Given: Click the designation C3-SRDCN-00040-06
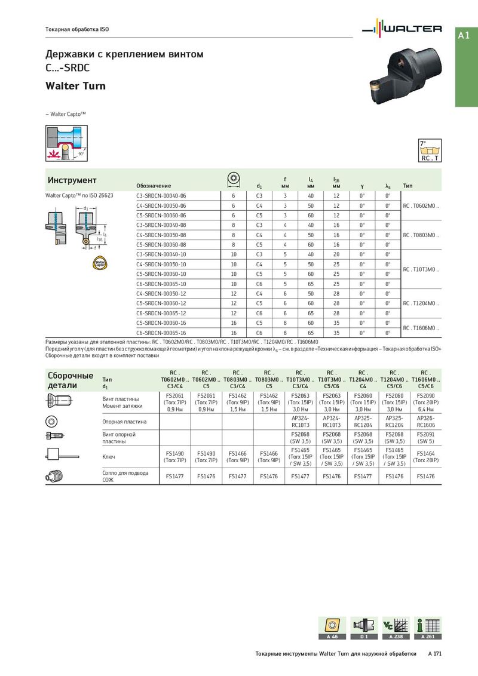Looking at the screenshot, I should pyautogui.click(x=161, y=196).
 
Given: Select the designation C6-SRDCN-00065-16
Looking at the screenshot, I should pyautogui.click(x=161, y=333).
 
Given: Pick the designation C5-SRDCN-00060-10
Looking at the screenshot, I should pyautogui.click(x=161, y=274).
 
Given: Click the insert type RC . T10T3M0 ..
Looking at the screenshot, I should pyautogui.click(x=421, y=269).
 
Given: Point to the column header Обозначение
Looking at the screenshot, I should pyautogui.click(x=154, y=186).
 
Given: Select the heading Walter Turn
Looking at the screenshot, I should pyautogui.click(x=75, y=86).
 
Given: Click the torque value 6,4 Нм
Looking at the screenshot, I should pyautogui.click(x=426, y=409).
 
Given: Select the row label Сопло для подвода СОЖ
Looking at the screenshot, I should pyautogui.click(x=121, y=476).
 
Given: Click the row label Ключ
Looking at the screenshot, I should pyautogui.click(x=109, y=456).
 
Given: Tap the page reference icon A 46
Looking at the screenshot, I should pyautogui.click(x=332, y=627).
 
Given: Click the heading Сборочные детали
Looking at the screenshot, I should pyautogui.click(x=71, y=380).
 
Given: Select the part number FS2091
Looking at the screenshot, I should pyautogui.click(x=426, y=434).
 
